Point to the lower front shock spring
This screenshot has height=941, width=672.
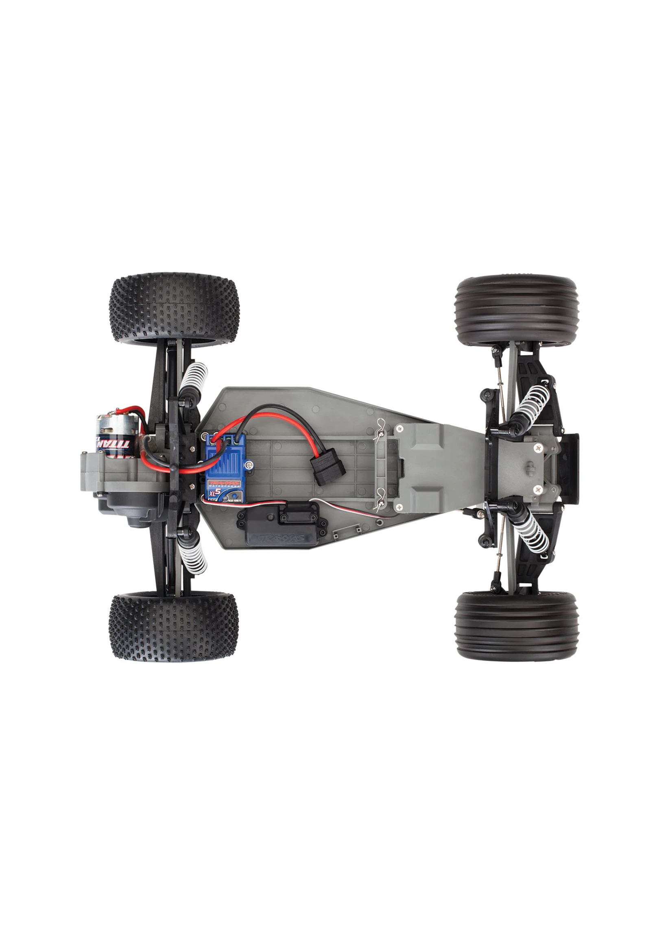pos(534,534)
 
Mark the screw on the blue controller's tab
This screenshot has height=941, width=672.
pos(248,466)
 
